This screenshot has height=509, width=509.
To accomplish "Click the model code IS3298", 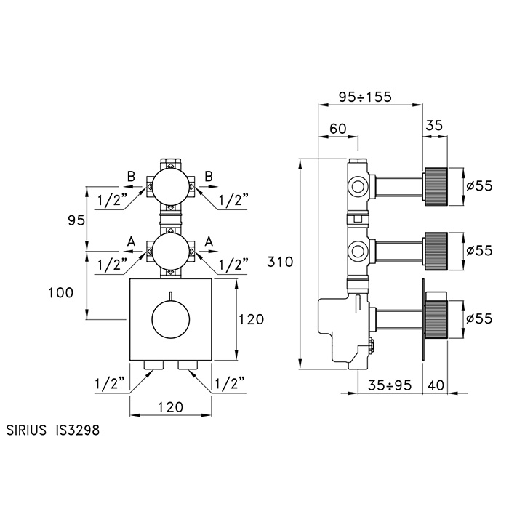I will pyautogui.click(x=77, y=430).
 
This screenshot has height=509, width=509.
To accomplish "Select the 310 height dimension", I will pyautogui.click(x=281, y=261).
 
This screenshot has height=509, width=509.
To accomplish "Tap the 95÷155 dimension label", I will pyautogui.click(x=372, y=95).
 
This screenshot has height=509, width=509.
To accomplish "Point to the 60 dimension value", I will pyautogui.click(x=338, y=128).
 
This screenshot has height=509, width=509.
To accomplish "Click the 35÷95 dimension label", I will pyautogui.click(x=385, y=384).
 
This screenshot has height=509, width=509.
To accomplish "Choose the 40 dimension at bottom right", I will pyautogui.click(x=436, y=384).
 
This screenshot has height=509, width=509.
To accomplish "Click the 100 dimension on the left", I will pyautogui.click(x=60, y=292).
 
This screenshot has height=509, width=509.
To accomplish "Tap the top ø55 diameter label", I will pyautogui.click(x=479, y=185).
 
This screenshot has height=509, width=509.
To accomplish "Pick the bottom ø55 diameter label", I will pyautogui.click(x=479, y=318).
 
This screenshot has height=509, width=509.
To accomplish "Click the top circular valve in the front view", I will pyautogui.click(x=170, y=186).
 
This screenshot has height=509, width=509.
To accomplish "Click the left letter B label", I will pyautogui.click(x=132, y=176).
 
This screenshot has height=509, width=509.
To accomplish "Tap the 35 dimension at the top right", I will pyautogui.click(x=434, y=124).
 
